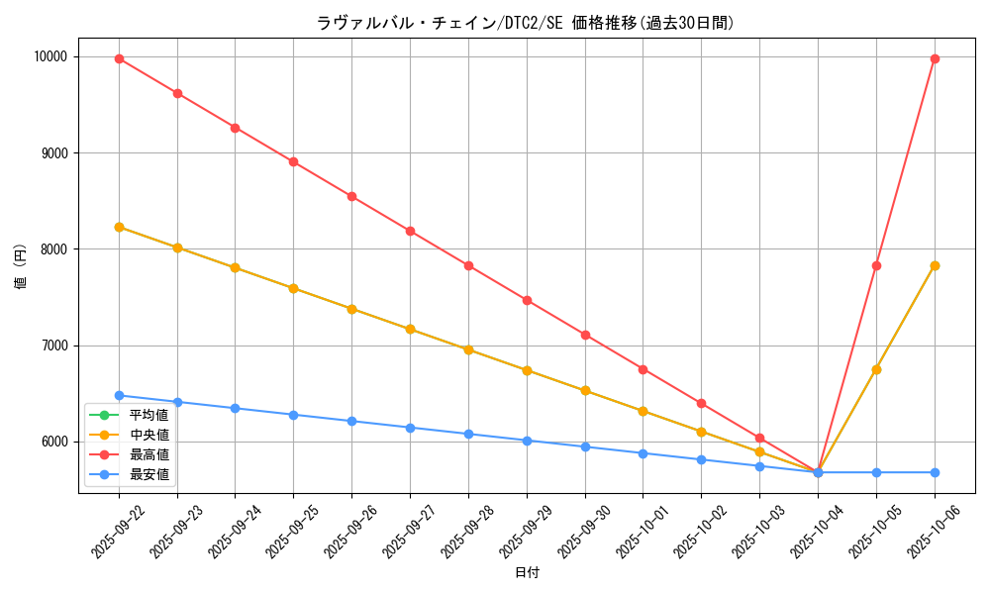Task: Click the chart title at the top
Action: pos(526,23)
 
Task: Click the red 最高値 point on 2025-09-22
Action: pos(119,58)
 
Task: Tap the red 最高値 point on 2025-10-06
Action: pos(935,58)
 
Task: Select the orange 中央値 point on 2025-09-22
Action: pos(119,227)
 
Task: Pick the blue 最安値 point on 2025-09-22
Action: pos(119,395)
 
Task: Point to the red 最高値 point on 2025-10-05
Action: pos(876,265)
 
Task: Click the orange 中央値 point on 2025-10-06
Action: pos(935,265)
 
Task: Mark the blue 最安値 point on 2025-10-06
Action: pos(935,472)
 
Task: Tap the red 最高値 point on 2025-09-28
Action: pos(468,265)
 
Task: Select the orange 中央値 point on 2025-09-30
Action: pos(585,390)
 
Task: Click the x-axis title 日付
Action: pos(527,573)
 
